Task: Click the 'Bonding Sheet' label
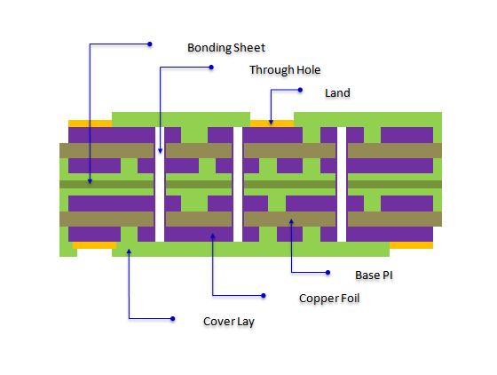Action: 226,48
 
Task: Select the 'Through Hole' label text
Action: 285,70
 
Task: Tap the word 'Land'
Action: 337,93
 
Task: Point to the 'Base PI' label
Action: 374,275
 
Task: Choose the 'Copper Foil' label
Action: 329,299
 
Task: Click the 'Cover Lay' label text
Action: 229,322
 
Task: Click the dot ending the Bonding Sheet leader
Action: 150,44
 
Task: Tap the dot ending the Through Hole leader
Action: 211,68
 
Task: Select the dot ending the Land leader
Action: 300,90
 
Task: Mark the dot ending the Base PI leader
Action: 328,273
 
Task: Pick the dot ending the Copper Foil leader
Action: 264,296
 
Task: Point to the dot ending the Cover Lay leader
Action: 173,318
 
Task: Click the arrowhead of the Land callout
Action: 271,122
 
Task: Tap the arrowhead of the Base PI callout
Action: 291,221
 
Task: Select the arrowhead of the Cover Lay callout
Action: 129,251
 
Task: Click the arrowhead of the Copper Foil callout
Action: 213,236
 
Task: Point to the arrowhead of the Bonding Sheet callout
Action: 90,181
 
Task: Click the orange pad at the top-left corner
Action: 90,124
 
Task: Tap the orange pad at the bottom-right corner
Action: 411,245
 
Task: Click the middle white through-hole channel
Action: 238,184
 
